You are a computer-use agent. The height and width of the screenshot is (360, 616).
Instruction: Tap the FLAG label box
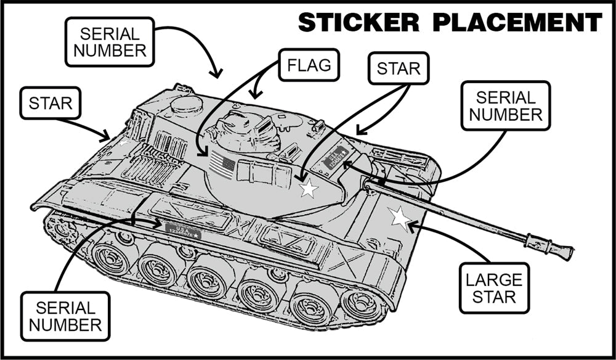[309, 65]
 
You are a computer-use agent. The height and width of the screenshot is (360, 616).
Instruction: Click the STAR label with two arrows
[397, 68]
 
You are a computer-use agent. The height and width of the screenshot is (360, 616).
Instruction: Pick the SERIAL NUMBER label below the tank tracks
[65, 316]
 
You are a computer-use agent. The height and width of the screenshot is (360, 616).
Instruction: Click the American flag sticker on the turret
[222, 165]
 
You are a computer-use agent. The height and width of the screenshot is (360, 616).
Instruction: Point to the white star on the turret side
[309, 189]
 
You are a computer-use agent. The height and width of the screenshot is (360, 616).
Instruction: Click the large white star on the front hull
[400, 217]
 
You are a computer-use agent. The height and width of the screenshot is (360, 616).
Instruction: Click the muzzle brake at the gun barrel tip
[549, 246]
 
